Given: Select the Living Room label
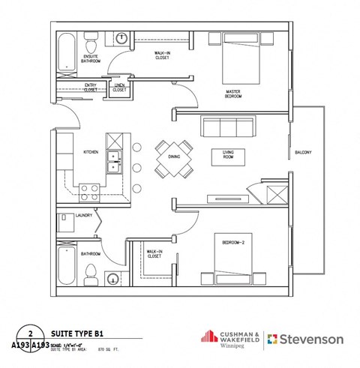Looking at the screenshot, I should pos(224,155).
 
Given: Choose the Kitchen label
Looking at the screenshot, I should pos(91,151).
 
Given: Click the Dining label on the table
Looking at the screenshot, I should pos(173,157).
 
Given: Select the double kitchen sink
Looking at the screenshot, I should pos(115,160).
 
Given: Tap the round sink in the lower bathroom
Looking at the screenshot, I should pos(112,280).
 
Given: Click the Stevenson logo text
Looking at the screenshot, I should pos(311,339).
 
